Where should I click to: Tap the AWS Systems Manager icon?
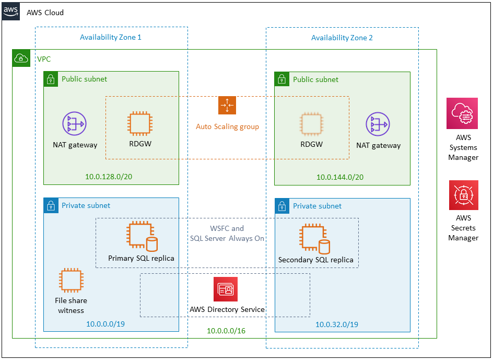point(462,113)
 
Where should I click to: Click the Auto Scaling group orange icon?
point(227,106)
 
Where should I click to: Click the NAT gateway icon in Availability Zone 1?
point(74,124)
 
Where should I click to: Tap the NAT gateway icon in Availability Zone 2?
point(378,124)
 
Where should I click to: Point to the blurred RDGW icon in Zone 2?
point(311,124)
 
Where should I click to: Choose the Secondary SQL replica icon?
point(315,238)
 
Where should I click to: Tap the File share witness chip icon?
point(71,281)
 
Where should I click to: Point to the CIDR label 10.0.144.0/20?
point(340,177)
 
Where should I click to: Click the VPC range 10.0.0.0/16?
point(226,330)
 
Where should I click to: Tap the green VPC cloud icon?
point(20,58)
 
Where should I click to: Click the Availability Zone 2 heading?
point(342,38)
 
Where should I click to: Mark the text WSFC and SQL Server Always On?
point(227,233)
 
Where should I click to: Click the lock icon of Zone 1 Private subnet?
point(51,205)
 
